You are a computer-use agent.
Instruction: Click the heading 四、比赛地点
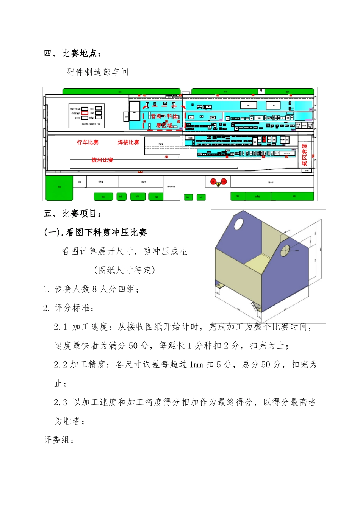pyautogui.click(x=72, y=53)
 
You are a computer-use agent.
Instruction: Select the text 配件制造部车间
pyautogui.click(x=97, y=72)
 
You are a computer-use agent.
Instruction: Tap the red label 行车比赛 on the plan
pyautogui.click(x=88, y=142)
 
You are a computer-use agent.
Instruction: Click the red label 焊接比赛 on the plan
pyautogui.click(x=128, y=142)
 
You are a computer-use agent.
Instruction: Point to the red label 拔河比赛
pyautogui.click(x=102, y=160)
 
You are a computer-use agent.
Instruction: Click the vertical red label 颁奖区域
pyautogui.click(x=304, y=155)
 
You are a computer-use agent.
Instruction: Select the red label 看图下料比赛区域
pyautogui.click(x=164, y=120)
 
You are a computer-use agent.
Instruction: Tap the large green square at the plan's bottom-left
pyautogui.click(x=59, y=187)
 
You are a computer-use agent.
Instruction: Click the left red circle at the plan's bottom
pyautogui.click(x=213, y=181)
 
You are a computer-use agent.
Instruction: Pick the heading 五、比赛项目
pyautogui.click(x=72, y=214)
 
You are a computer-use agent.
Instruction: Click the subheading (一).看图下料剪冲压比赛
pyautogui.click(x=95, y=233)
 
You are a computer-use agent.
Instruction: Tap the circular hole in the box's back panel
pyautogui.click(x=239, y=224)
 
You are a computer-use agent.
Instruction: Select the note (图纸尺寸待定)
pyautogui.click(x=125, y=270)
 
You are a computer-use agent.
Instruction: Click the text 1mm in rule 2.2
pyautogui.click(x=196, y=365)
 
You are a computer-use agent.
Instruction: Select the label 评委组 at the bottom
pyautogui.click(x=59, y=440)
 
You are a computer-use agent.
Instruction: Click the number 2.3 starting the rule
pyautogui.click(x=61, y=402)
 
